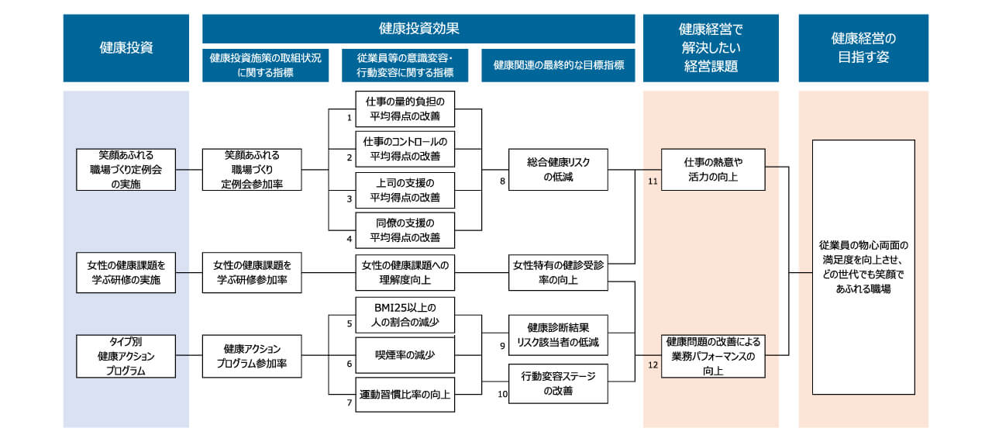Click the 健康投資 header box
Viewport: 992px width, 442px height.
coord(126,48)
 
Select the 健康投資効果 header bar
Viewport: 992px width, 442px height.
coord(418,29)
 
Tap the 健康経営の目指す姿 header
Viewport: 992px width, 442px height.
coord(863,48)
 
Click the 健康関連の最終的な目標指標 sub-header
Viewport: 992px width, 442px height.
coord(558,66)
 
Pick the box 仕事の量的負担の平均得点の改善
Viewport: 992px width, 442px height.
coord(405,109)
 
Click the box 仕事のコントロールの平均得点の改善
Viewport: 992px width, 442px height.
coord(405,149)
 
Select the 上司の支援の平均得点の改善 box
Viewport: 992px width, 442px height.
coord(405,190)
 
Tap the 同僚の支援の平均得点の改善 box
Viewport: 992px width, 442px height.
coord(405,230)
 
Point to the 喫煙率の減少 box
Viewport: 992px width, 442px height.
coord(405,355)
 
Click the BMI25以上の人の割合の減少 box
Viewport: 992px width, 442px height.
coord(405,315)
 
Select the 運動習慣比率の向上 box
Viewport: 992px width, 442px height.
coord(405,395)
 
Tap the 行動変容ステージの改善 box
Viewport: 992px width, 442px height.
coord(558,383)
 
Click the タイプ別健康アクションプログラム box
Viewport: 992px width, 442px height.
coord(126,356)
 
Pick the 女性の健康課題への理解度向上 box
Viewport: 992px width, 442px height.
coord(405,273)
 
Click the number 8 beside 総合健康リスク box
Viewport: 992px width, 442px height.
coord(501,180)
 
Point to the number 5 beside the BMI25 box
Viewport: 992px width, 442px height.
coord(349,323)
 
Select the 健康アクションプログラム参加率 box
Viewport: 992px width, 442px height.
coord(252,356)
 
